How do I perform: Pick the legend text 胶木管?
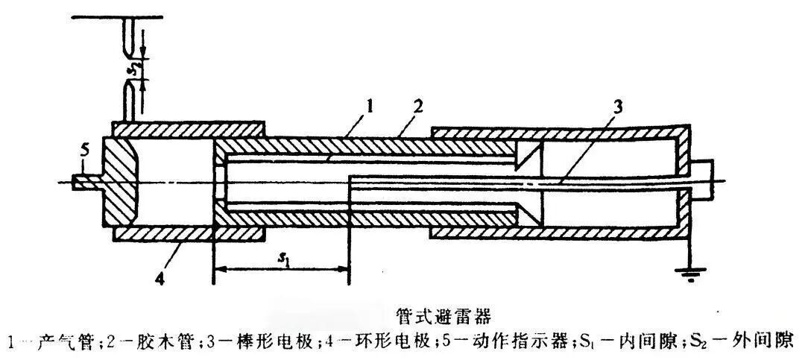(157, 341)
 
